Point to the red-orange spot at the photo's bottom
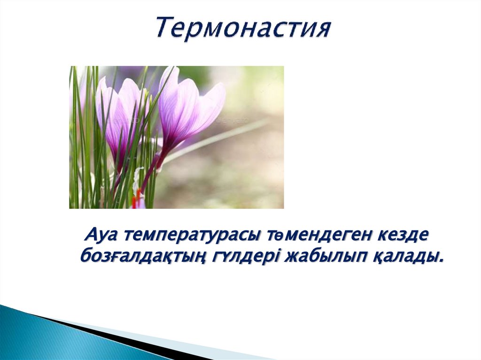(x=137, y=199)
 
